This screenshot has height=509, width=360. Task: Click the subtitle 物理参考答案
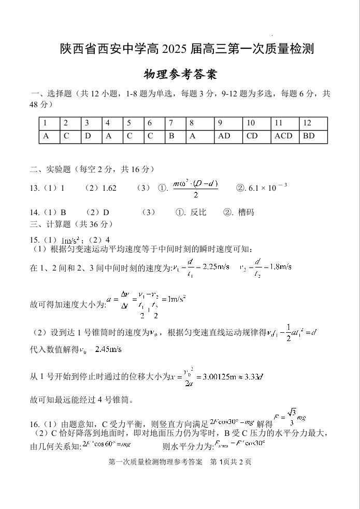coord(180,75)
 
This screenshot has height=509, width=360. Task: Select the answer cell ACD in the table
coord(283,136)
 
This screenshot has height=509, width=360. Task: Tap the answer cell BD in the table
coord(309,136)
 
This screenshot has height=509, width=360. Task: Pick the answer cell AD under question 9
coord(224,136)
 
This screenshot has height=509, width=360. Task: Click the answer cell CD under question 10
coord(252,136)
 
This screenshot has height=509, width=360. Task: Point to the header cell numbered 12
coord(307,123)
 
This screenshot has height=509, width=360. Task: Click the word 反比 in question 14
coord(198,212)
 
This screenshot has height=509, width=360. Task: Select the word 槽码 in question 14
coord(246,212)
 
